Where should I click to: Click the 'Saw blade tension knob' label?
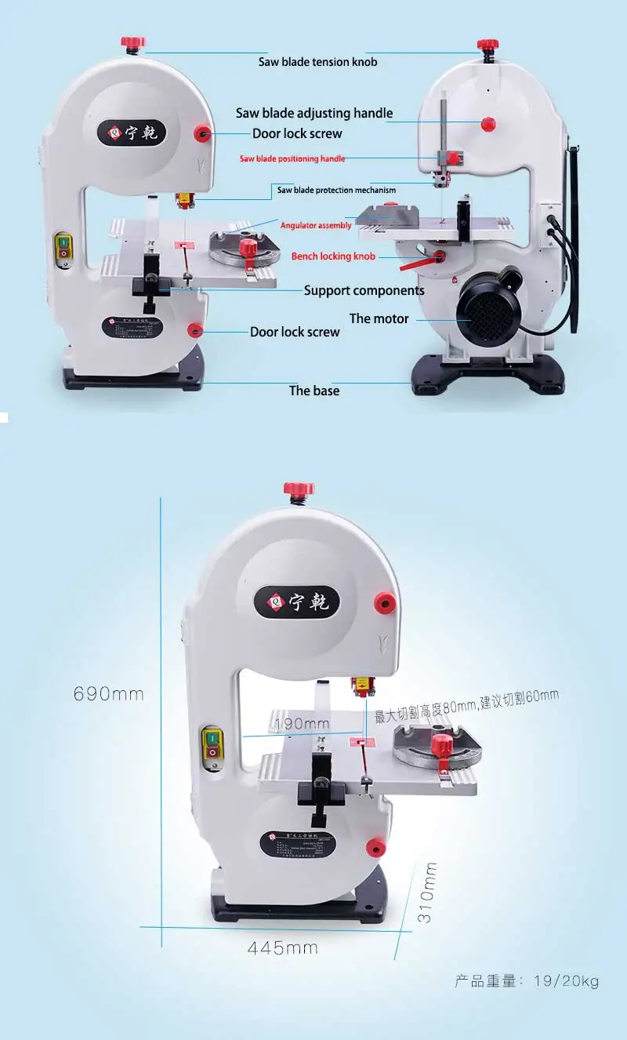pyautogui.click(x=317, y=62)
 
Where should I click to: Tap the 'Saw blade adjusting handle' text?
pyautogui.click(x=314, y=113)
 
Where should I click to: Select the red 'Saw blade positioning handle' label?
pyautogui.click(x=292, y=158)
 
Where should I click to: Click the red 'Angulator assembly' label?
pyautogui.click(x=316, y=226)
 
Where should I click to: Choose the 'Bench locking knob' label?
pyautogui.click(x=333, y=256)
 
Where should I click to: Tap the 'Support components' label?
pyautogui.click(x=364, y=290)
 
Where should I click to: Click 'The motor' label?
pyautogui.click(x=379, y=318)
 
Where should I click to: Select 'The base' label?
pyautogui.click(x=314, y=391)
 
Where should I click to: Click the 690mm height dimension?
pyautogui.click(x=109, y=694)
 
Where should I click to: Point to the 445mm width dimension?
pyautogui.click(x=283, y=947)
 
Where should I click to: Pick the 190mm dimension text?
pyautogui.click(x=301, y=723)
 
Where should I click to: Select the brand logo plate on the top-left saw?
pyautogui.click(x=132, y=131)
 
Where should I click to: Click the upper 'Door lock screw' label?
pyautogui.click(x=297, y=133)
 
